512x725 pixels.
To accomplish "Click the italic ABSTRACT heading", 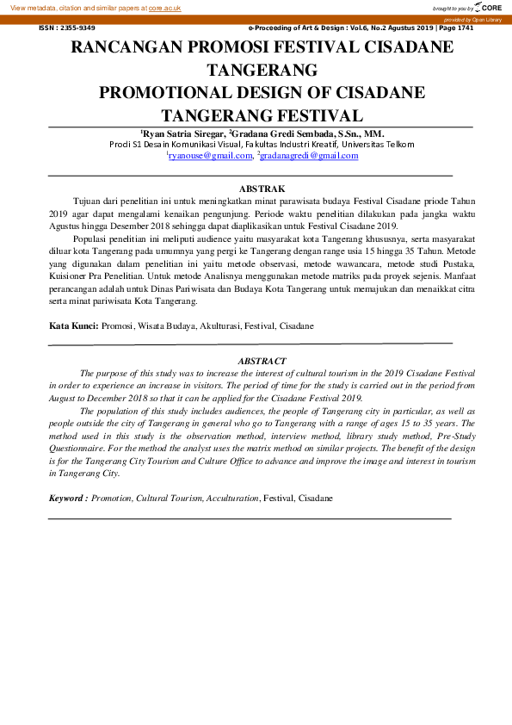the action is click(x=262, y=361).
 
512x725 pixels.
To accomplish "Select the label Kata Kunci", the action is click(x=73, y=327).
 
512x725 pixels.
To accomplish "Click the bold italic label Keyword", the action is click(x=68, y=499).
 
